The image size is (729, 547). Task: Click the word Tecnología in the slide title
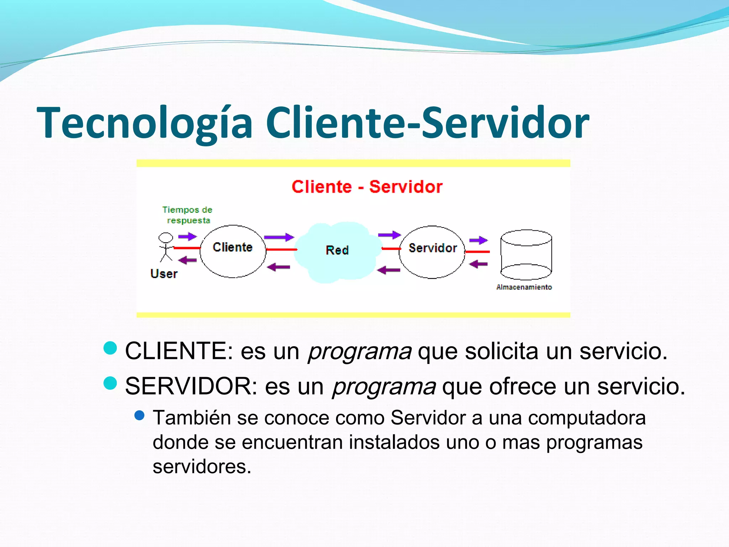pyautogui.click(x=144, y=123)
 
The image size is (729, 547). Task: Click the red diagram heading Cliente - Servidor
pyautogui.click(x=367, y=187)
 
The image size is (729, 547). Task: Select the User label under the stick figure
pyautogui.click(x=164, y=273)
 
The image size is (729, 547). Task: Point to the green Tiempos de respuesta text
pyautogui.click(x=188, y=215)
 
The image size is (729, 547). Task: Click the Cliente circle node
pyautogui.click(x=233, y=251)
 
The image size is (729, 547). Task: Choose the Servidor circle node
pyautogui.click(x=432, y=252)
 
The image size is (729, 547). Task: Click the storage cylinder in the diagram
pyautogui.click(x=526, y=255)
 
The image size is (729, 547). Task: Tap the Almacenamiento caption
pyautogui.click(x=524, y=287)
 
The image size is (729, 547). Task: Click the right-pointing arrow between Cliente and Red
pyautogui.click(x=279, y=237)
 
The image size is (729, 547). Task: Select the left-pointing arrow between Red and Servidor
pyautogui.click(x=388, y=270)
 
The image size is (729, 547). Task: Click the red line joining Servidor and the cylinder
pyautogui.click(x=477, y=252)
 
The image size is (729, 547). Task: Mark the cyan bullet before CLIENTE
pyautogui.click(x=110, y=348)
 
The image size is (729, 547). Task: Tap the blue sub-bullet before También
pyautogui.click(x=140, y=415)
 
